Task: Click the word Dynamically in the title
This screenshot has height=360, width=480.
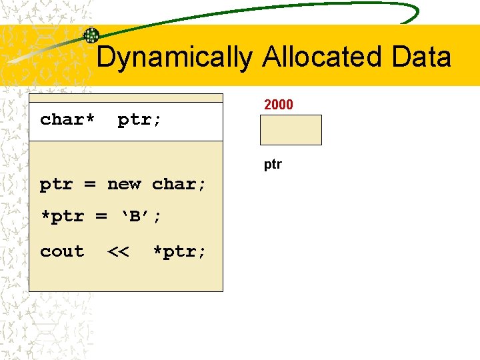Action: [174, 58]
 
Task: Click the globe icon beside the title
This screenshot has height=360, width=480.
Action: [91, 35]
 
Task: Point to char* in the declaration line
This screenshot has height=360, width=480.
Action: [67, 119]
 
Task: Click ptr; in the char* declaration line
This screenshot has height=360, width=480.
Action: [139, 120]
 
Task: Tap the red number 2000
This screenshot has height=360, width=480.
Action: [279, 104]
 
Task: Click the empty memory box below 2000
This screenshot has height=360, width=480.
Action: [291, 130]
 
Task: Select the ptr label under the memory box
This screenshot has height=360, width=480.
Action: [273, 164]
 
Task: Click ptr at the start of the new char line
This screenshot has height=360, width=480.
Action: [56, 185]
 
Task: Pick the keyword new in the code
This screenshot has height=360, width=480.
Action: [124, 184]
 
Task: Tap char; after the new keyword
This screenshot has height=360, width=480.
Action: [179, 184]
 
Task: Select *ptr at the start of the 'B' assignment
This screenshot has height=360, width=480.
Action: [61, 217]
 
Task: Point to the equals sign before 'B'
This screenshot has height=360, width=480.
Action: [101, 217]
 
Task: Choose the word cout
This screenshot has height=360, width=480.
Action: [62, 251]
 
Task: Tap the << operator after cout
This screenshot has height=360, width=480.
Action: [118, 251]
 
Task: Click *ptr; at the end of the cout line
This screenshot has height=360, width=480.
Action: [179, 251]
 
